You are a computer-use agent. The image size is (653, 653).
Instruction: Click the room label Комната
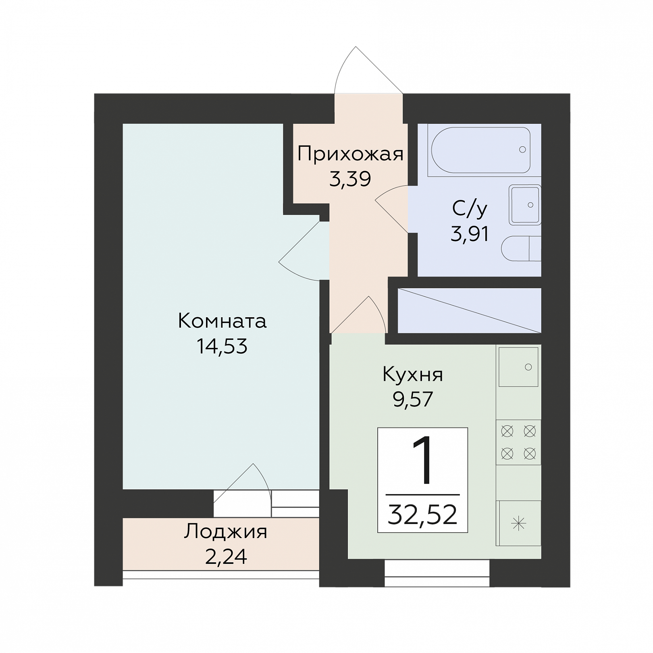coord(222,321)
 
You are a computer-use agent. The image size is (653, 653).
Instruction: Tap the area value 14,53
coord(222,346)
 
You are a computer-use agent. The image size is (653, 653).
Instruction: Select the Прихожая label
coord(350,154)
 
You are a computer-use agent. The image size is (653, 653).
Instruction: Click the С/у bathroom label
coord(470,209)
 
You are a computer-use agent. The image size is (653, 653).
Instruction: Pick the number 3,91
coord(470,233)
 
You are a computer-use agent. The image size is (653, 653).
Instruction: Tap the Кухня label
coord(413,374)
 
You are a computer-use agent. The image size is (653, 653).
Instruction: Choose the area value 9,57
coord(413,399)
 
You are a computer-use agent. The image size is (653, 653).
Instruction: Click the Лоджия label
coord(226,532)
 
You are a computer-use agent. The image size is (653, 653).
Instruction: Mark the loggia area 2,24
coord(226,557)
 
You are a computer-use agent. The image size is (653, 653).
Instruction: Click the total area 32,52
coord(422,514)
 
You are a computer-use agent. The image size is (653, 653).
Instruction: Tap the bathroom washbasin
coord(525,205)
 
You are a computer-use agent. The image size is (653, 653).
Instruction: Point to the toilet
coord(521,248)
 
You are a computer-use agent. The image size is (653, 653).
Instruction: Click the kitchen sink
coord(518,367)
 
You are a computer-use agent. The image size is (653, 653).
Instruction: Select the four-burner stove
coord(518,443)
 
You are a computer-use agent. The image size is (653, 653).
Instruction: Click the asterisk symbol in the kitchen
coord(519,524)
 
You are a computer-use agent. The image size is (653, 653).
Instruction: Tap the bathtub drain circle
coord(523,150)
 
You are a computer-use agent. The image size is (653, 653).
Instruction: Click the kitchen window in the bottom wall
coord(437,573)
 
